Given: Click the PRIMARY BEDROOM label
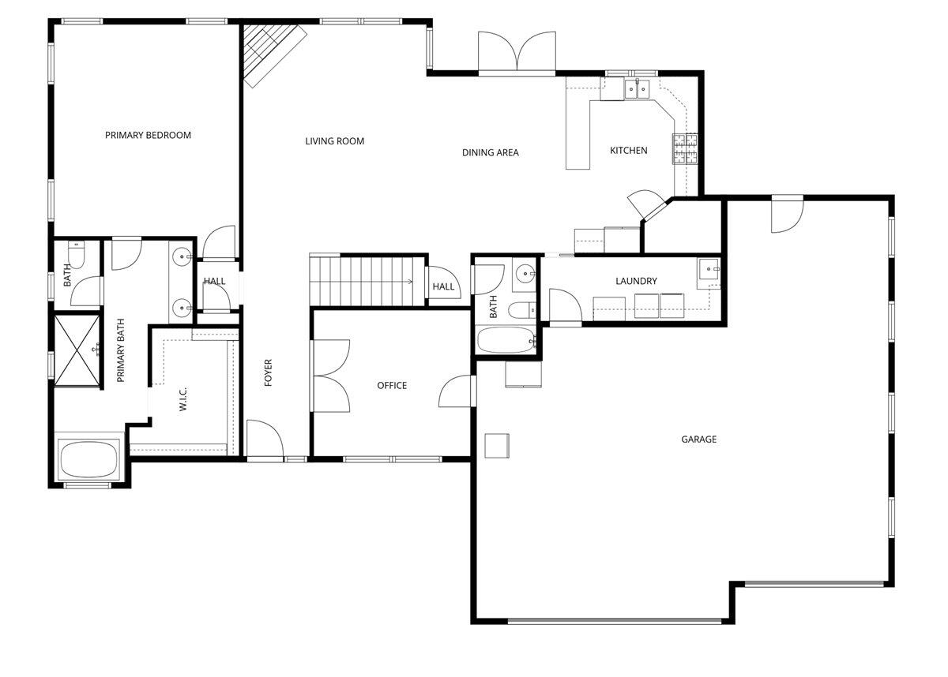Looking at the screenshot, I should [x=148, y=135].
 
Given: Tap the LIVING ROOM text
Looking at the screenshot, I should [x=335, y=141].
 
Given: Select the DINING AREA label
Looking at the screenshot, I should [x=491, y=152].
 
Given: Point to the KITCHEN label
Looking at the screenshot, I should [x=629, y=150].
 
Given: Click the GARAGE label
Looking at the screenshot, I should [x=699, y=439].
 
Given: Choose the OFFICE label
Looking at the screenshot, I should [x=392, y=385].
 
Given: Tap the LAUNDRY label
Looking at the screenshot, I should [x=636, y=281].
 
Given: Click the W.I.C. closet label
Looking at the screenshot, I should [x=182, y=398].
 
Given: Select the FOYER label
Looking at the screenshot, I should [x=268, y=372].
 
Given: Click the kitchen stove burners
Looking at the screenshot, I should [x=685, y=148].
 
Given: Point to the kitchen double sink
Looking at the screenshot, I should [x=638, y=88].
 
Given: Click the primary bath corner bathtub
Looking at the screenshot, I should [x=88, y=458].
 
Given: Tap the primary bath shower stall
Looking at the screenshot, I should [x=77, y=350].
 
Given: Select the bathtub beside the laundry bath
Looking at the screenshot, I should [x=506, y=342].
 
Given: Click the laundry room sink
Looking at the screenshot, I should [x=709, y=270].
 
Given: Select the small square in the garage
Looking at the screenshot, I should [x=497, y=445].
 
